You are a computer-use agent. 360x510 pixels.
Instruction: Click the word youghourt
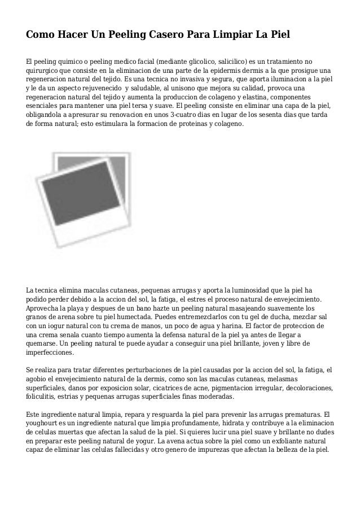[43, 424]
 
